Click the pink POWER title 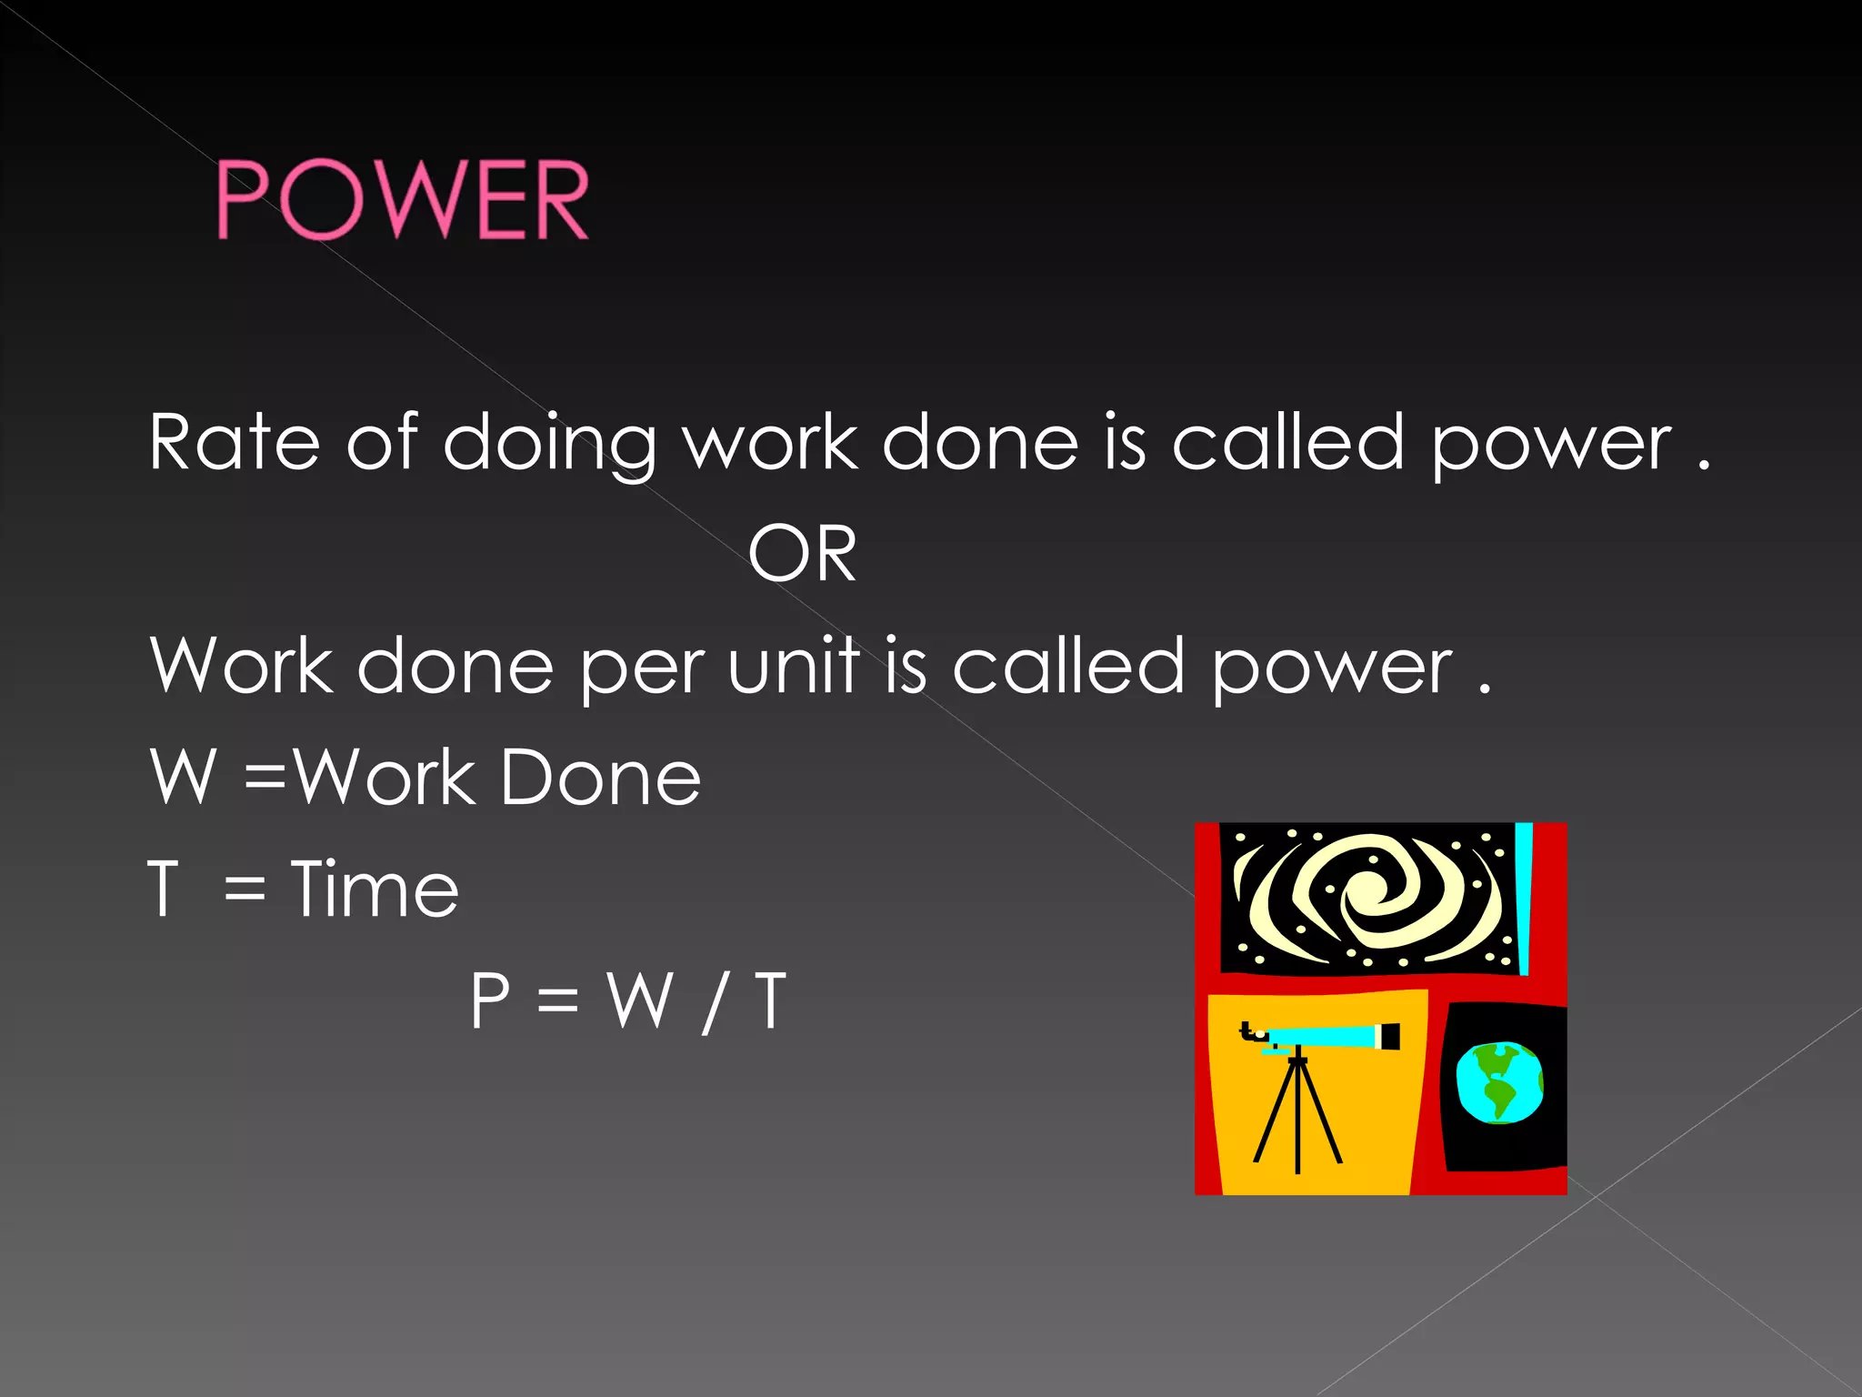point(403,200)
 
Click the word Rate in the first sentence point(234,443)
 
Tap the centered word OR point(802,554)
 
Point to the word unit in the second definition point(794,667)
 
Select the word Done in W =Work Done point(600,779)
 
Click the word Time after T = point(375,889)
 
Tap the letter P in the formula point(490,1000)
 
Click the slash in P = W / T point(714,1002)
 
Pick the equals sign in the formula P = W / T point(557,1002)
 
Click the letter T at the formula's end point(770,1000)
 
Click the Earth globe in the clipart point(1499,1082)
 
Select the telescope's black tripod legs point(1297,1114)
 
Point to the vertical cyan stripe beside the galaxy point(1525,896)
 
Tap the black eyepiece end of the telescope point(1388,1037)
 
